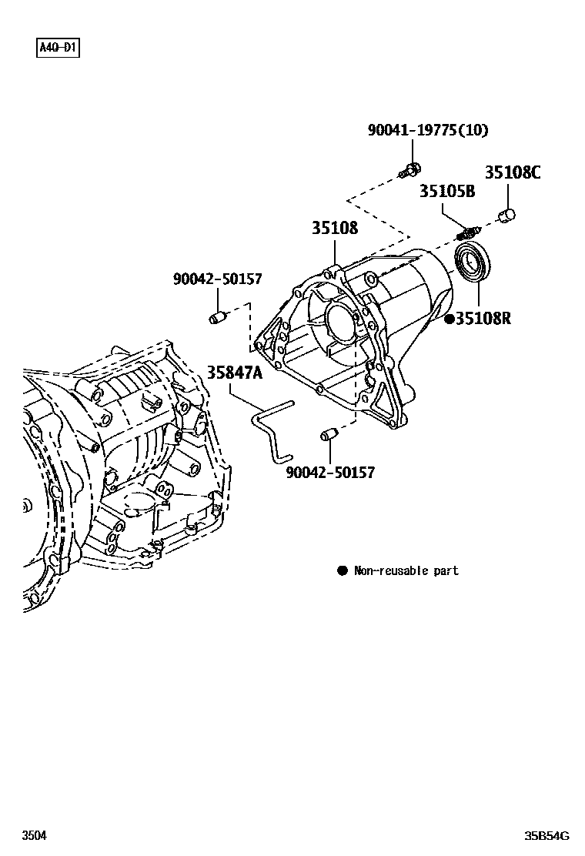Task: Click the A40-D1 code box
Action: point(58,49)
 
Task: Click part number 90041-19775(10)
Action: point(427,130)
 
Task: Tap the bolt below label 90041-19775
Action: point(411,169)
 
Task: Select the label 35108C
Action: point(512,172)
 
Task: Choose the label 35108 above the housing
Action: point(335,228)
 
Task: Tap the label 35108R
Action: point(483,318)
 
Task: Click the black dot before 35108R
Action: point(449,318)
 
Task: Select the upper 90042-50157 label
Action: point(217,281)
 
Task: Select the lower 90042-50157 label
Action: point(330,472)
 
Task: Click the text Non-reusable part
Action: point(406,570)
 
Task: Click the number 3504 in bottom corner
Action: point(34,835)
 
